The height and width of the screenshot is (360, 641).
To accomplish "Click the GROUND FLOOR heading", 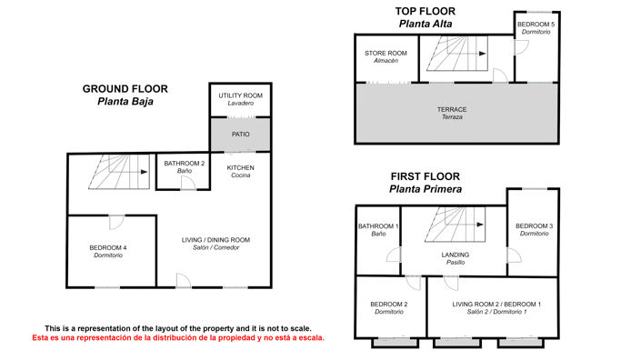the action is [x=125, y=89].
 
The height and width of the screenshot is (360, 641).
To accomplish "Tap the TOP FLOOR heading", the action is [x=426, y=11].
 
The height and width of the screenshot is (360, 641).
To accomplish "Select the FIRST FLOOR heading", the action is [x=426, y=176].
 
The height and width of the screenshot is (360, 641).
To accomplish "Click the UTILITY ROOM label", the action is [x=240, y=95].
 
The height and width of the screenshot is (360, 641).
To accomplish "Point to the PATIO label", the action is [x=240, y=134].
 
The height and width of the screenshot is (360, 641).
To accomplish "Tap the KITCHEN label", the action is [x=240, y=167].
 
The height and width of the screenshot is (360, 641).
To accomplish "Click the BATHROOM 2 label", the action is [x=185, y=164].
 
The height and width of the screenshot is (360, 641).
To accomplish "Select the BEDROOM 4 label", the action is [x=108, y=247].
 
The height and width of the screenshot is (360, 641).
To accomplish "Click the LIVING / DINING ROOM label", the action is [x=215, y=240].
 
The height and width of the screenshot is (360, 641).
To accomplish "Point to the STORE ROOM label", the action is [x=386, y=53].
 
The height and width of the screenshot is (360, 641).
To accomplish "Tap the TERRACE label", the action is [x=452, y=109].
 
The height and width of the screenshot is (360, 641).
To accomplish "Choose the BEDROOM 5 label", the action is [x=536, y=25].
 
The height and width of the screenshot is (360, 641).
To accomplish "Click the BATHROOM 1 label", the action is [x=378, y=226].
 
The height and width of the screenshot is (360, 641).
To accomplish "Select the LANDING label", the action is [x=456, y=255].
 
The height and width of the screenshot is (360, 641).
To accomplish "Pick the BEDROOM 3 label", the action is [x=535, y=226].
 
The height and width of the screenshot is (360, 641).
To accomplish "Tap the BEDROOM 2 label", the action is [x=389, y=304].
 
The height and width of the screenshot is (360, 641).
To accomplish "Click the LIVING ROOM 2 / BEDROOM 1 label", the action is [x=496, y=304].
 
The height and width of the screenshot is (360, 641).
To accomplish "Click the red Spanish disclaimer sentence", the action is [x=178, y=338].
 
